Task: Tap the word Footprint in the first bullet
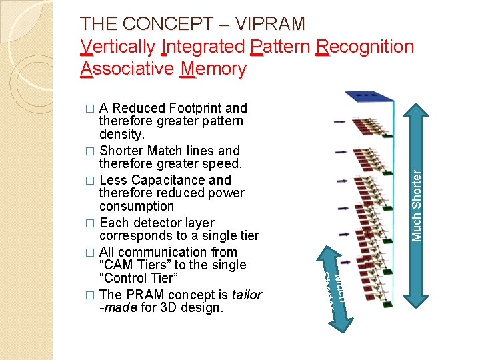click(195, 108)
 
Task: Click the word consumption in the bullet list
click(136, 207)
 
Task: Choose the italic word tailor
click(246, 295)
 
